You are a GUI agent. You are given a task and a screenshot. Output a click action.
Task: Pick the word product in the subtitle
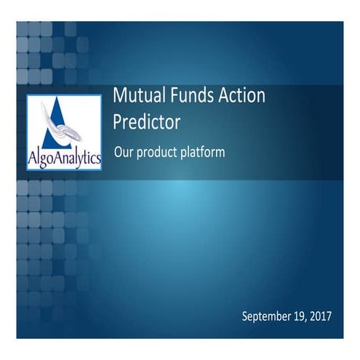click(156, 153)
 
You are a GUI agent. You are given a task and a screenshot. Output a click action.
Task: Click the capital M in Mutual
click(120, 97)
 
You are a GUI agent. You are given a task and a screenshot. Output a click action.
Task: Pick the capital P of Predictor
click(117, 121)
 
